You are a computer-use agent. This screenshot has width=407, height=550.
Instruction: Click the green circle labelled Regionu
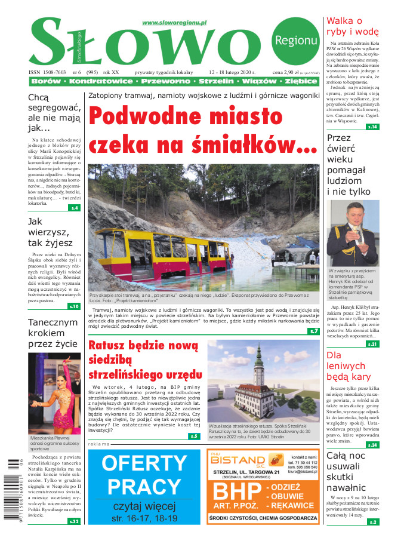295,40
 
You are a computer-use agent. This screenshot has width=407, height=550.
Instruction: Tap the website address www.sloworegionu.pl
174,22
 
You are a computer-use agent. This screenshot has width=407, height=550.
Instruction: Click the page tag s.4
74,208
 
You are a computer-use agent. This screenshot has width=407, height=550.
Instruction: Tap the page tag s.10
73,306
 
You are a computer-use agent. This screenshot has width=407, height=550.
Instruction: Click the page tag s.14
372,127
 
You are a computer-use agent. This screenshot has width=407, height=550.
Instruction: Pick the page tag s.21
372,344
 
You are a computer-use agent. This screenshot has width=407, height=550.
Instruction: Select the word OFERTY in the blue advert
144,463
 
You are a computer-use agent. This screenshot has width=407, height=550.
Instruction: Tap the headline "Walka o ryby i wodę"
351,26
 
